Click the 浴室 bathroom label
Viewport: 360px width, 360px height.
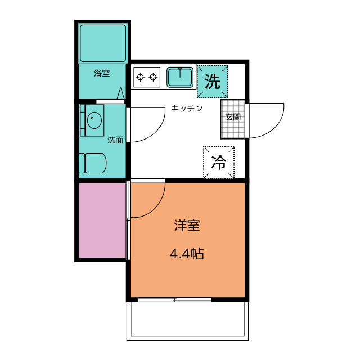click(102, 73)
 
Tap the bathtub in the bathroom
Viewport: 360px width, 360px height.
click(102, 43)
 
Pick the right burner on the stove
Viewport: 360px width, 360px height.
click(152, 77)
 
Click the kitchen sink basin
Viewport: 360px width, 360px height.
click(180, 76)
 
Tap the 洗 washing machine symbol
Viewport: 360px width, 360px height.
click(212, 82)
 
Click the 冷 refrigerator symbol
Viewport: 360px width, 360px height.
click(218, 163)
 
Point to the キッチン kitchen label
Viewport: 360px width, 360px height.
click(187, 109)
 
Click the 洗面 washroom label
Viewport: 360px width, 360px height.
click(115, 140)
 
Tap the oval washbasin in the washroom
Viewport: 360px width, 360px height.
click(94, 119)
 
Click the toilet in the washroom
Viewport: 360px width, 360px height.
click(94, 163)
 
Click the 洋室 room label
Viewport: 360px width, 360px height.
click(187, 226)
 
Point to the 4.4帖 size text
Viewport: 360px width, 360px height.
click(187, 254)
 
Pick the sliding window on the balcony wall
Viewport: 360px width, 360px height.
click(175, 299)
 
